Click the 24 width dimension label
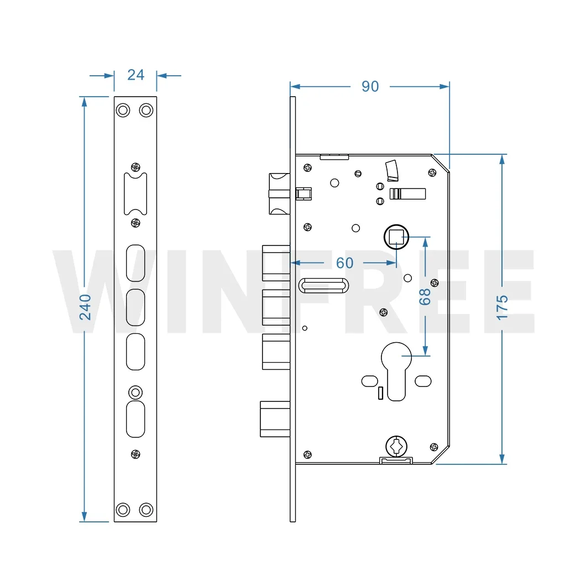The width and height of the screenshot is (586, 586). click(135, 75)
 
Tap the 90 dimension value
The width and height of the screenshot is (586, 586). click(370, 86)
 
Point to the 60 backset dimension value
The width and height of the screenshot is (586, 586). click(344, 263)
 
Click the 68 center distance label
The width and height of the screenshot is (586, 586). click(425, 297)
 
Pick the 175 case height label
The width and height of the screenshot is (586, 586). click(501, 307)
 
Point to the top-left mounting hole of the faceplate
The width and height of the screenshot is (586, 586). click(123, 110)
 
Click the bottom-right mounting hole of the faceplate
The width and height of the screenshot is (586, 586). click(146, 509)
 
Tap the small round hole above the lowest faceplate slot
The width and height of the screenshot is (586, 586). click(135, 392)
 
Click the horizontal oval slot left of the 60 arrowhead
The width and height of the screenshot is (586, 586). click(324, 285)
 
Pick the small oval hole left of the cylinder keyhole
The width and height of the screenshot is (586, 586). click(369, 380)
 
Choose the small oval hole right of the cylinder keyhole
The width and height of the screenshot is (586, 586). click(423, 380)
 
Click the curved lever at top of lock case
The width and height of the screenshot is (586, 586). click(392, 170)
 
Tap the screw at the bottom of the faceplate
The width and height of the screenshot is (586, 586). click(135, 454)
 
